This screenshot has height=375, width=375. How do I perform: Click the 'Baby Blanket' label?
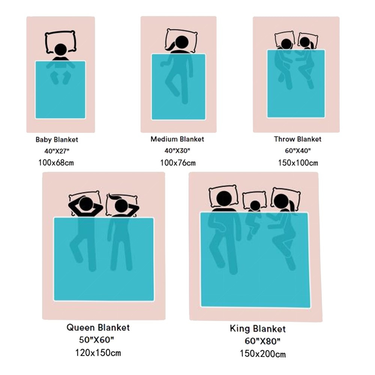coord(57,139)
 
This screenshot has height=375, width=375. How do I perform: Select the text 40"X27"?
coord(57,151)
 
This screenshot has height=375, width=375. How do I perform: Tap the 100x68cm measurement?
coord(56,163)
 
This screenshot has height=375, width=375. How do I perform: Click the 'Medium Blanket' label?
coord(177,139)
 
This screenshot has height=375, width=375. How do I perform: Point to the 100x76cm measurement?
coord(178,163)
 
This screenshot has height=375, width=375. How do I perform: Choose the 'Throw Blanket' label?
coord(297,139)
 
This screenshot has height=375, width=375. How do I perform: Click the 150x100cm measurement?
coord(298,163)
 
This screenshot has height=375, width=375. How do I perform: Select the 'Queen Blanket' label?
coord(98,327)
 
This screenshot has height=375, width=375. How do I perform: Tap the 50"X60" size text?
coord(96,340)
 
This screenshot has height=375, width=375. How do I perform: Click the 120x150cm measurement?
coord(98,353)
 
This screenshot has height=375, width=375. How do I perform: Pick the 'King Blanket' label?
coord(258,329)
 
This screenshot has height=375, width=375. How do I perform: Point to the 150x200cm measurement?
coord(262,354)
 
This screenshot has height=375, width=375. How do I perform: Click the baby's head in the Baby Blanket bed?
coord(60,50)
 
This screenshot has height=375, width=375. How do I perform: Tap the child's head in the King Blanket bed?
coord(255,205)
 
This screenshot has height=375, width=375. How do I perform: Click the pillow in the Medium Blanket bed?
coord(181,40)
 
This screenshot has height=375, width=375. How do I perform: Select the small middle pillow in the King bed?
coord(254,200)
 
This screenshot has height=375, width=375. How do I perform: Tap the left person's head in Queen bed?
coord(85,205)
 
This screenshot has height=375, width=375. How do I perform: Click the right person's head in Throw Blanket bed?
coord(304,42)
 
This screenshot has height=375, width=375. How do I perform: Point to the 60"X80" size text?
coord(262,341)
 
